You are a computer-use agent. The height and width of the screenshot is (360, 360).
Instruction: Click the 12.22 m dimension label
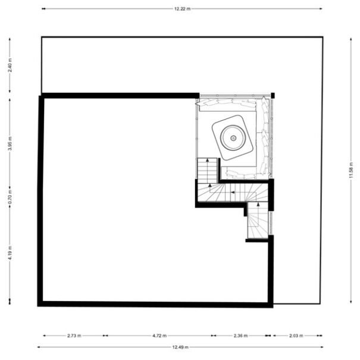pos(182,9)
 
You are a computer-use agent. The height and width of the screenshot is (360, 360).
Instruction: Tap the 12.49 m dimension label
pos(180,347)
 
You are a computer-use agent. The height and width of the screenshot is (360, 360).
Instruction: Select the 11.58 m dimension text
pos(350,170)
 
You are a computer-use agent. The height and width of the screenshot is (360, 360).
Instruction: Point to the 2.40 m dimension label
pos(10,65)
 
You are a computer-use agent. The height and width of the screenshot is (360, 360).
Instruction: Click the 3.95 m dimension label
pos(10,143)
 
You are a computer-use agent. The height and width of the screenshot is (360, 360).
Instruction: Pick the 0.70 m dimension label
pos(10,197)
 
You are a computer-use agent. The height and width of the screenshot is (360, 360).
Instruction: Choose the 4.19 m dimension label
pos(10,253)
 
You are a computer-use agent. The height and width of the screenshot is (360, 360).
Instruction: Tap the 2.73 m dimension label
pos(74,336)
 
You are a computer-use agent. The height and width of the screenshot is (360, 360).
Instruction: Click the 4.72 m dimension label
pos(159,336)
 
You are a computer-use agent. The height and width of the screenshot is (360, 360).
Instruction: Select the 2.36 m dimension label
pos(240,336)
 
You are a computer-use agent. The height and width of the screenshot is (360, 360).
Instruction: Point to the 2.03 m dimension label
pos(296,336)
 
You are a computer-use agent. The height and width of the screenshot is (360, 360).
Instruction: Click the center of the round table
pos(233,138)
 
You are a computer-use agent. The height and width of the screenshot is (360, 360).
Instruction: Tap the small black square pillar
pos(273,95)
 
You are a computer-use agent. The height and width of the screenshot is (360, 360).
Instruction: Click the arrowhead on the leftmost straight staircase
pos(207,160)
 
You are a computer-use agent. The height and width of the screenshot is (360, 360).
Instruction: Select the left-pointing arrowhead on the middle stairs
pos(233,192)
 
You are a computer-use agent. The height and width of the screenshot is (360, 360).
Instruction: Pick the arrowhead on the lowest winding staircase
pos(258,204)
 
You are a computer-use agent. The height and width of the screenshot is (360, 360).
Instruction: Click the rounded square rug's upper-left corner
pos(214,125)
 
